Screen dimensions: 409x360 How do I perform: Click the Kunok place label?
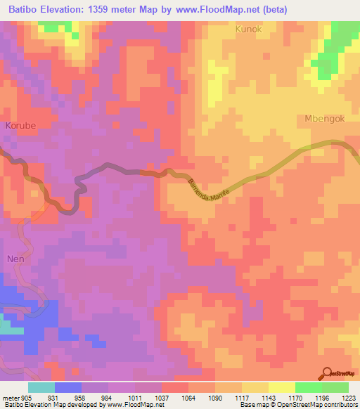point(249,30)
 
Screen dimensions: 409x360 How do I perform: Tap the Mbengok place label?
point(325,119)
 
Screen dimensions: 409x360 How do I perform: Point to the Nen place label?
point(15,258)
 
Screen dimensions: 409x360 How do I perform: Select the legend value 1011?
point(135,398)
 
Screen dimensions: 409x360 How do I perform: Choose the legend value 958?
point(81,398)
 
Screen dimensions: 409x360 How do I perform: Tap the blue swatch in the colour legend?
point(67,387)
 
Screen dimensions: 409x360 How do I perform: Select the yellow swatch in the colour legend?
point(281,387)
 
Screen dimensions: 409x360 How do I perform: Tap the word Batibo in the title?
point(21,11)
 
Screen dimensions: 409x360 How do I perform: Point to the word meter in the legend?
point(11,398)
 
